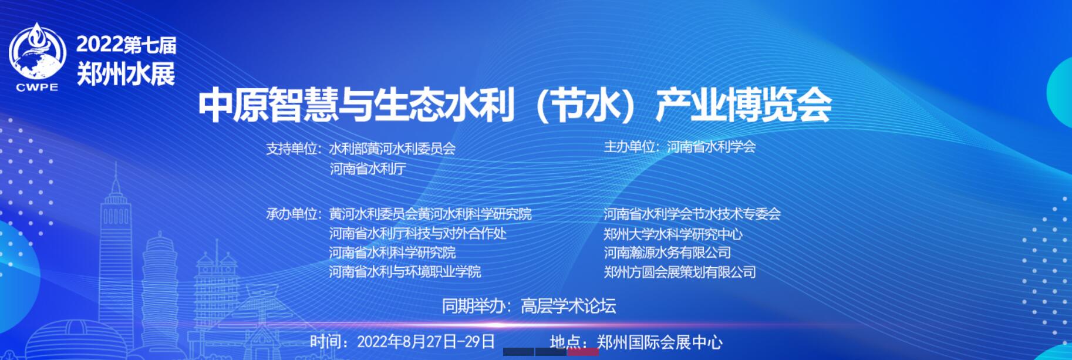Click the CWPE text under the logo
click(x=38, y=88)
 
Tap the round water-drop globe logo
click(x=38, y=52)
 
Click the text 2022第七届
click(x=126, y=45)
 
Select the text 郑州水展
click(x=126, y=74)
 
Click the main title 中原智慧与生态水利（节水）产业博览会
click(x=514, y=106)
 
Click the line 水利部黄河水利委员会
click(x=392, y=149)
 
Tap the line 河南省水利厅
click(x=368, y=169)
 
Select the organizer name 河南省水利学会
click(x=711, y=146)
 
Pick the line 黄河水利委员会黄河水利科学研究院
click(x=430, y=214)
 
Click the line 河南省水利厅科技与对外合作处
click(x=417, y=233)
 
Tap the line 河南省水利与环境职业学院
click(x=404, y=272)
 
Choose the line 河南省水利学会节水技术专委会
click(x=692, y=214)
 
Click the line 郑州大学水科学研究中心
click(x=673, y=234)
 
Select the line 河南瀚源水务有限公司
click(x=667, y=253)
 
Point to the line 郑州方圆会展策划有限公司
click(x=680, y=272)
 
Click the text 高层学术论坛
click(x=568, y=306)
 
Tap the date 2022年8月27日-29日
click(x=426, y=342)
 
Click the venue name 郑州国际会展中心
click(x=659, y=342)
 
